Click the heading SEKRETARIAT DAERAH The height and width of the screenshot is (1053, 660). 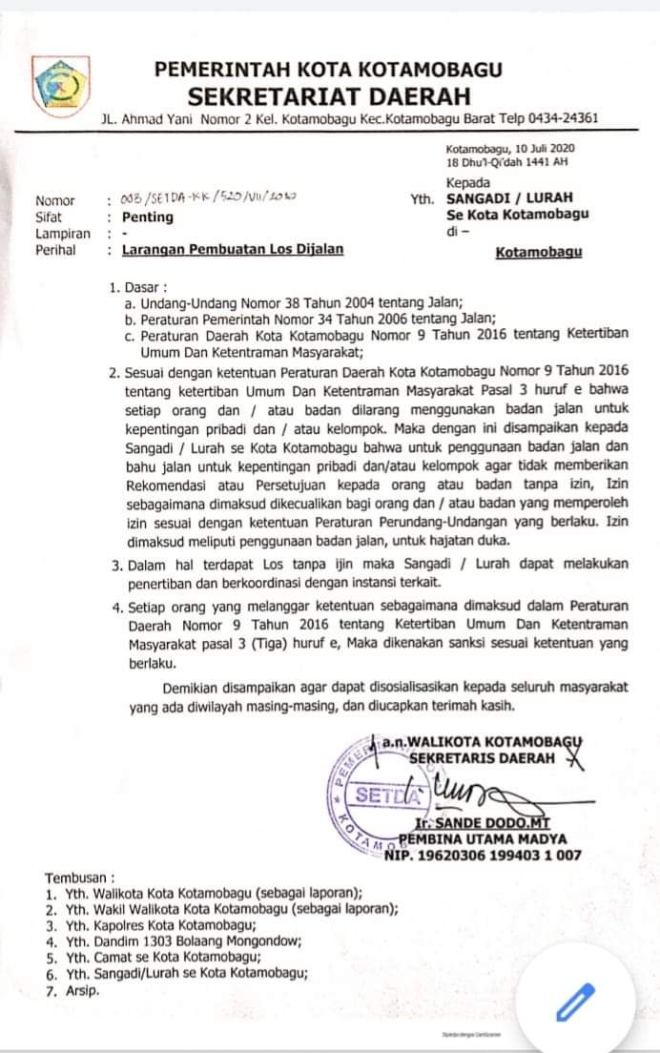[329, 95]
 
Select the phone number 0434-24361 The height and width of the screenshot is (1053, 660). [566, 119]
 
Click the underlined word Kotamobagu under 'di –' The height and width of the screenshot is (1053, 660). [539, 254]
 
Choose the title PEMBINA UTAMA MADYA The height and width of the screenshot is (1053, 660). [483, 839]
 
